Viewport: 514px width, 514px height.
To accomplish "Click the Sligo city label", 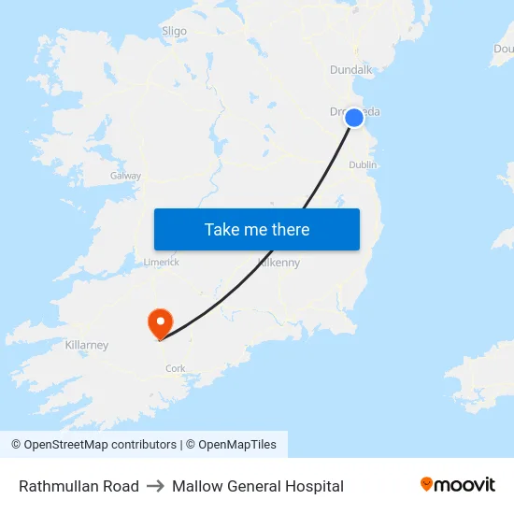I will coord(174,31).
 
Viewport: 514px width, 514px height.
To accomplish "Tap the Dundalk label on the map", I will coord(350,69).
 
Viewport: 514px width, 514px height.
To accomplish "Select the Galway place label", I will coord(125,176).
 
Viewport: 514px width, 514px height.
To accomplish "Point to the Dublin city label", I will coord(363,164).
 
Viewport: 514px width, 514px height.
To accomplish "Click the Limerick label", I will coord(161,263).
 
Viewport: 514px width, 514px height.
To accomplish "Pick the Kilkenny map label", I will coord(278,264).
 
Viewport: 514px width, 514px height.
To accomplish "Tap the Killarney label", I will coord(87,345).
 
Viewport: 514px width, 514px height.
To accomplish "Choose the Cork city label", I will coord(175,368).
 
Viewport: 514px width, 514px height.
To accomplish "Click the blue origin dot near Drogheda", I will coord(354,118).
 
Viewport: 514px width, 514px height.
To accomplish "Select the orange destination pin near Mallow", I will coord(161,323).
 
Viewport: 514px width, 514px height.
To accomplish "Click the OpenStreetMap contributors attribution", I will coord(94,445).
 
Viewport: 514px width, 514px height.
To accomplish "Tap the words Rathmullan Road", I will coord(79,486).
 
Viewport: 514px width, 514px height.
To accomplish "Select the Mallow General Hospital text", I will coord(258,486).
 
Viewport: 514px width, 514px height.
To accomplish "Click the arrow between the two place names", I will coord(155,486).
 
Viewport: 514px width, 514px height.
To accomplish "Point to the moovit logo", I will coord(458,485).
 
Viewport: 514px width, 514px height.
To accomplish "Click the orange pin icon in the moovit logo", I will coord(426,484).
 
